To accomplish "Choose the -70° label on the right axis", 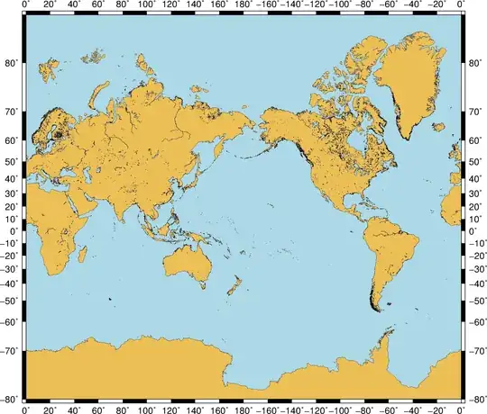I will click(x=475, y=352).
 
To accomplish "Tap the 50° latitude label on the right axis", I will click(x=475, y=161).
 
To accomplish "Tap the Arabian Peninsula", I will click(x=79, y=195).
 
